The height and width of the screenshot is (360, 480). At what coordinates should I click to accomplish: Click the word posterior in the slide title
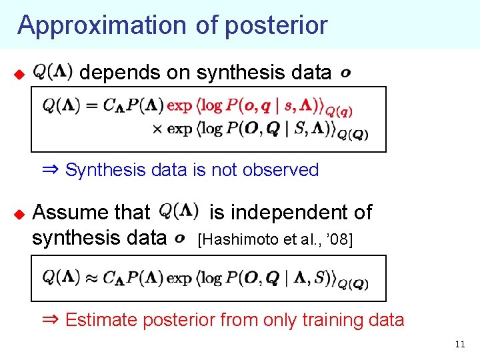(x=276, y=25)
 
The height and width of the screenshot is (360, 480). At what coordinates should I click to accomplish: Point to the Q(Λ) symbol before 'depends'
(x=53, y=71)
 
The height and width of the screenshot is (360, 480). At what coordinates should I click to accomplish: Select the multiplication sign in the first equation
(x=157, y=129)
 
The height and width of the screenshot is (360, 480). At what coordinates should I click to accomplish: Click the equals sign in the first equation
(x=91, y=105)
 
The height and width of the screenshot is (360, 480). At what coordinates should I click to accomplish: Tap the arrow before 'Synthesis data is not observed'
(x=51, y=169)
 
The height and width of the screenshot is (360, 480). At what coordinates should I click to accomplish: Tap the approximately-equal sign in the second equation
(x=91, y=277)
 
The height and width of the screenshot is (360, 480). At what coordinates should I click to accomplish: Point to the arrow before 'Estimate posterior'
(x=51, y=319)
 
